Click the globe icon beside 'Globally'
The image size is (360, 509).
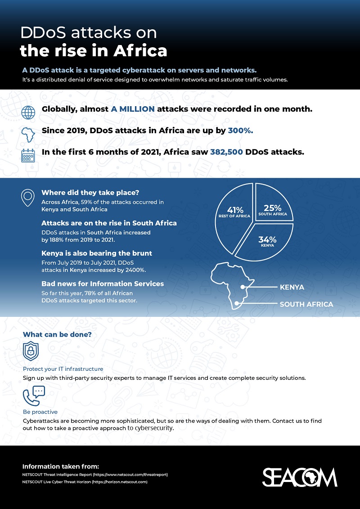[x=28, y=112]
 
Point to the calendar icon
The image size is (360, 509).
[x=28, y=155]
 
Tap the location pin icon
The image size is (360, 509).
[x=28, y=197]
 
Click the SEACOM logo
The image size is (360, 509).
[x=299, y=477]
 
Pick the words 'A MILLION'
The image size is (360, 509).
[x=133, y=109]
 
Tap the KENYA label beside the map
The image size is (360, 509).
[x=292, y=287]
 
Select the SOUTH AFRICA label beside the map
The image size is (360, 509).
[x=306, y=304]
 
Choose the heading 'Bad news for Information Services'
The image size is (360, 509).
[x=103, y=284]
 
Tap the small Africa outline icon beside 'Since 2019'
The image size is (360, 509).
[x=28, y=134]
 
